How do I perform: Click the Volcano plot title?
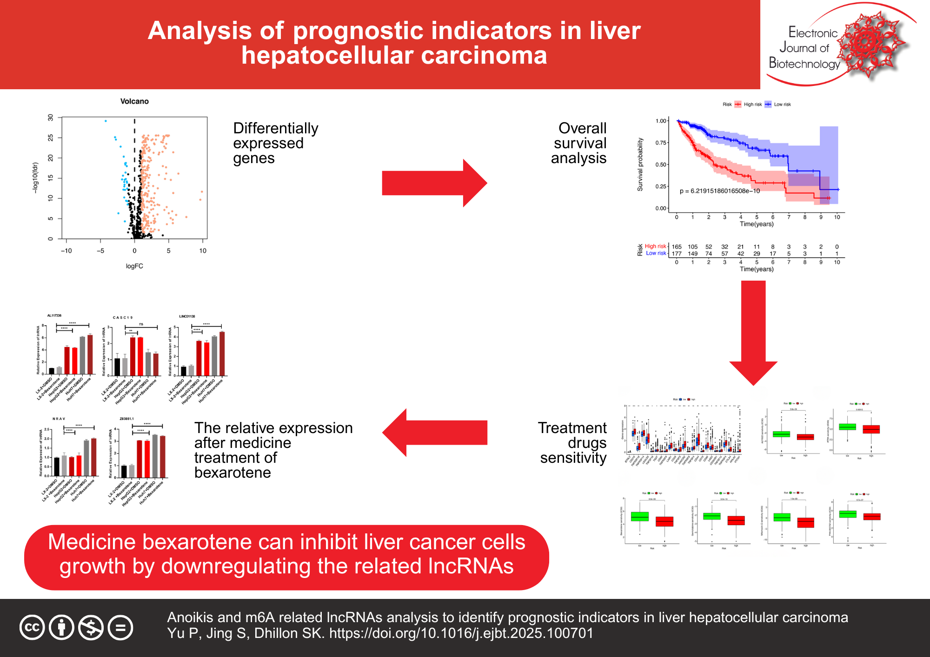click(x=134, y=101)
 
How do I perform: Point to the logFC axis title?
click(x=134, y=266)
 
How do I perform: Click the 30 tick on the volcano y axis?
click(x=51, y=118)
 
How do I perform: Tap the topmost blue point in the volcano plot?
click(x=106, y=121)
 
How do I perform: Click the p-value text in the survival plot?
click(x=720, y=191)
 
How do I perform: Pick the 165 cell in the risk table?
click(x=677, y=247)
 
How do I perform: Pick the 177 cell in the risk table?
click(x=677, y=254)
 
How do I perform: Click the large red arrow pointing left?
click(x=435, y=433)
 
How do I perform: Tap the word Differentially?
click(x=276, y=128)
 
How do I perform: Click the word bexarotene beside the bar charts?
click(x=232, y=473)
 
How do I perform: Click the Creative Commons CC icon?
click(x=32, y=627)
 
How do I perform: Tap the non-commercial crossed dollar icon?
click(x=91, y=627)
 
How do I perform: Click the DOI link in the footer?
click(x=461, y=633)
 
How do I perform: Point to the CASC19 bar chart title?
click(x=123, y=318)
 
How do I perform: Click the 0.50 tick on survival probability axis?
click(x=660, y=164)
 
